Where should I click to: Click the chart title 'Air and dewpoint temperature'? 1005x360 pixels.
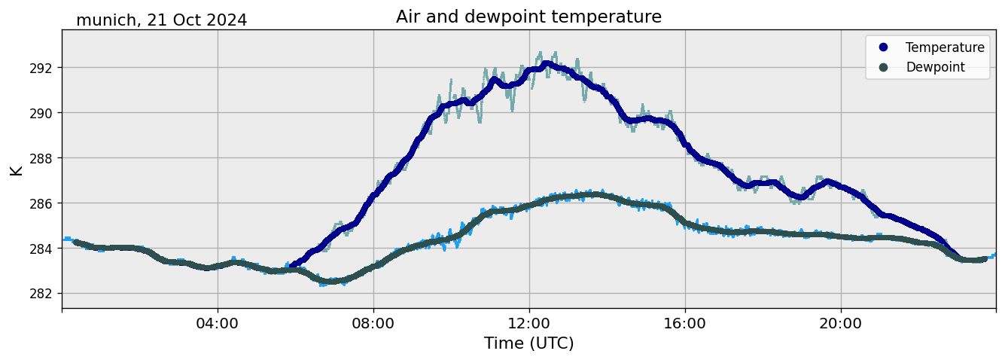tap(528, 17)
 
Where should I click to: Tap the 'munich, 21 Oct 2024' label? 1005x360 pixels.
tap(161, 20)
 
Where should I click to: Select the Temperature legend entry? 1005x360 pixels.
tap(944, 47)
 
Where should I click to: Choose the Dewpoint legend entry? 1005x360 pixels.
tap(935, 67)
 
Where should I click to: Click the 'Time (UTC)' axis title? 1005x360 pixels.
tap(528, 343)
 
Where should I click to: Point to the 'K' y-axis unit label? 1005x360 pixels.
tap(17, 169)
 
